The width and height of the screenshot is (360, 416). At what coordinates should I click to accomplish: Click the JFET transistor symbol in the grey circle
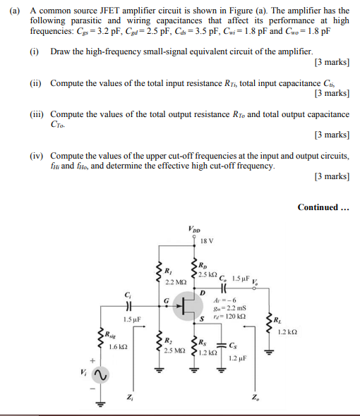point(186,305)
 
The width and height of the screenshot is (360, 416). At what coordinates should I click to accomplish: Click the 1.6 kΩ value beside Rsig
point(117,347)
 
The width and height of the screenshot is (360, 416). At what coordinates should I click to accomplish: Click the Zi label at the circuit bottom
point(127,400)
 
